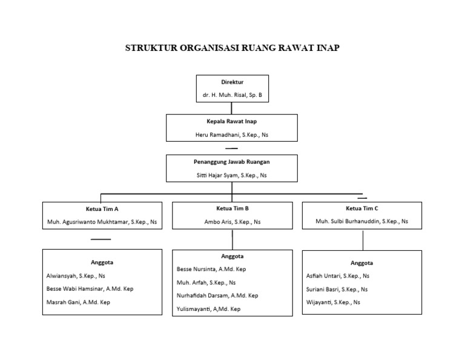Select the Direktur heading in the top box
pos(232,81)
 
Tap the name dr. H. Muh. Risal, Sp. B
pos(232,95)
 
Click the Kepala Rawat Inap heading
pos(232,121)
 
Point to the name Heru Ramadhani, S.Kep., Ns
pos(232,135)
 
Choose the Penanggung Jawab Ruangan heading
pos(232,161)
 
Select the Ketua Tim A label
pos(102,208)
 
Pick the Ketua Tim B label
pos(232,208)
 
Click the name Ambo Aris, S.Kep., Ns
pos(232,222)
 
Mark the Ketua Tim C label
pos(363,208)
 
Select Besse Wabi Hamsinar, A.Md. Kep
pos(90,288)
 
